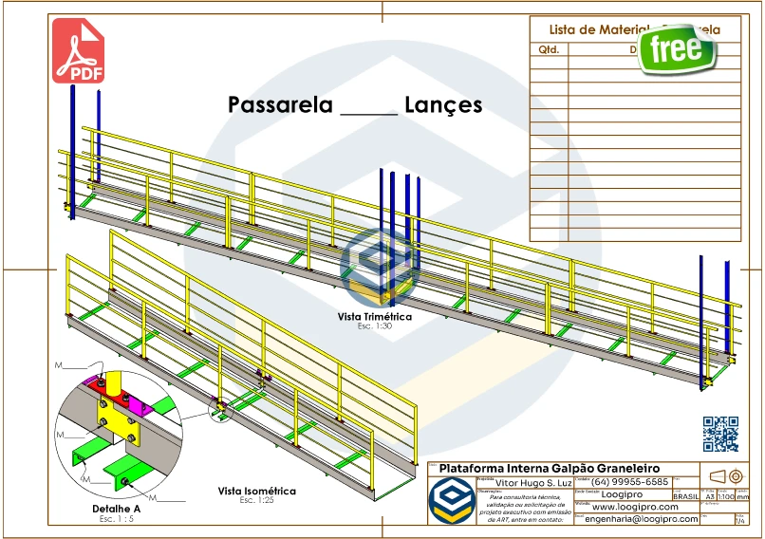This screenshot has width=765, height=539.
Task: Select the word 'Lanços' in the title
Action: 443,104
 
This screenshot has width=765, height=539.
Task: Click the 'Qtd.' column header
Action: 549,48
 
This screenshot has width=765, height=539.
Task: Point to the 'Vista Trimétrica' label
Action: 375,317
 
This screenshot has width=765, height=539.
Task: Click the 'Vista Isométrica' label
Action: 256,491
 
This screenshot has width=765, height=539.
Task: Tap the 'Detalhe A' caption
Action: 116,510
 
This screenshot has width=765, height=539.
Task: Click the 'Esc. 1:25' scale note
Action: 256,500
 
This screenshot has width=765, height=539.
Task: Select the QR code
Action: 720,434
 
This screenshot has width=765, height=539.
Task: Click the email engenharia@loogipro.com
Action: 642,519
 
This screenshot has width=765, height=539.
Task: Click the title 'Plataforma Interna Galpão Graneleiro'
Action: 549,468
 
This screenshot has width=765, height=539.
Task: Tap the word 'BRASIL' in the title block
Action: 685,496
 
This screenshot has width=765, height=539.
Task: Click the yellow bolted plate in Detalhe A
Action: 117,417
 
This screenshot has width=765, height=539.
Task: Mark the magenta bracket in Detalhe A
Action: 141,405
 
